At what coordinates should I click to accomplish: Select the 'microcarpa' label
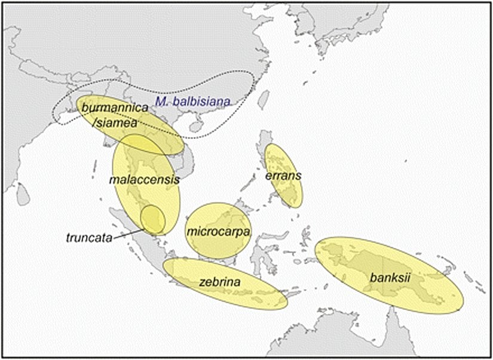coord(218,230)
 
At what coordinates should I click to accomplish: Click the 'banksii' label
coord(390,278)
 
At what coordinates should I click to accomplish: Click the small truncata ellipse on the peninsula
coord(152,219)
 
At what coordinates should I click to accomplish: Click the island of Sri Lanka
coord(23,194)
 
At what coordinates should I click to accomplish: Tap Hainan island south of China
coord(195,127)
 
